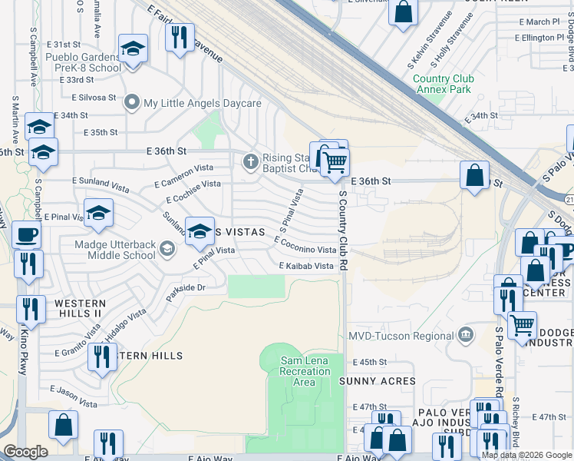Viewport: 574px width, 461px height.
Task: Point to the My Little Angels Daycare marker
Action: pyautogui.click(x=134, y=103)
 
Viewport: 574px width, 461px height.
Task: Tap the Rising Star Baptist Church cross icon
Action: pyautogui.click(x=249, y=161)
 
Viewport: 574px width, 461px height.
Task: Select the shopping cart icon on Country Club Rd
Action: pyautogui.click(x=335, y=162)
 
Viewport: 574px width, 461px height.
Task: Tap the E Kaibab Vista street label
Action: pyautogui.click(x=307, y=266)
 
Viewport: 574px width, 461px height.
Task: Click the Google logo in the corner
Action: pyautogui.click(x=25, y=452)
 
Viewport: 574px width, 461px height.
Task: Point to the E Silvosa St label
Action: pyautogui.click(x=94, y=98)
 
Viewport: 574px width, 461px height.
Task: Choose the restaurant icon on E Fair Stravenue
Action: pyautogui.click(x=180, y=37)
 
